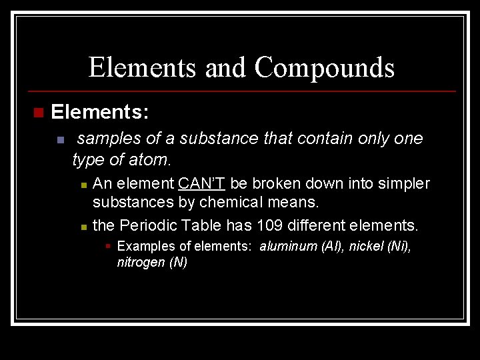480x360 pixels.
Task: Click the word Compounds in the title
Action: tap(325, 67)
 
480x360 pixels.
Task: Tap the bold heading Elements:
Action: tap(99, 112)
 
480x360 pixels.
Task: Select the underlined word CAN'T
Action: tap(202, 183)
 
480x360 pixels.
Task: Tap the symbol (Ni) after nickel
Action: tap(399, 246)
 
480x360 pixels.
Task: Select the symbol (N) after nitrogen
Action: tap(178, 262)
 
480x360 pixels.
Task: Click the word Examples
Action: tap(143, 246)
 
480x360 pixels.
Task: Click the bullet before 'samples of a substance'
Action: tap(59, 140)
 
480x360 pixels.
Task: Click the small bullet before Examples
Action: tap(108, 246)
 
